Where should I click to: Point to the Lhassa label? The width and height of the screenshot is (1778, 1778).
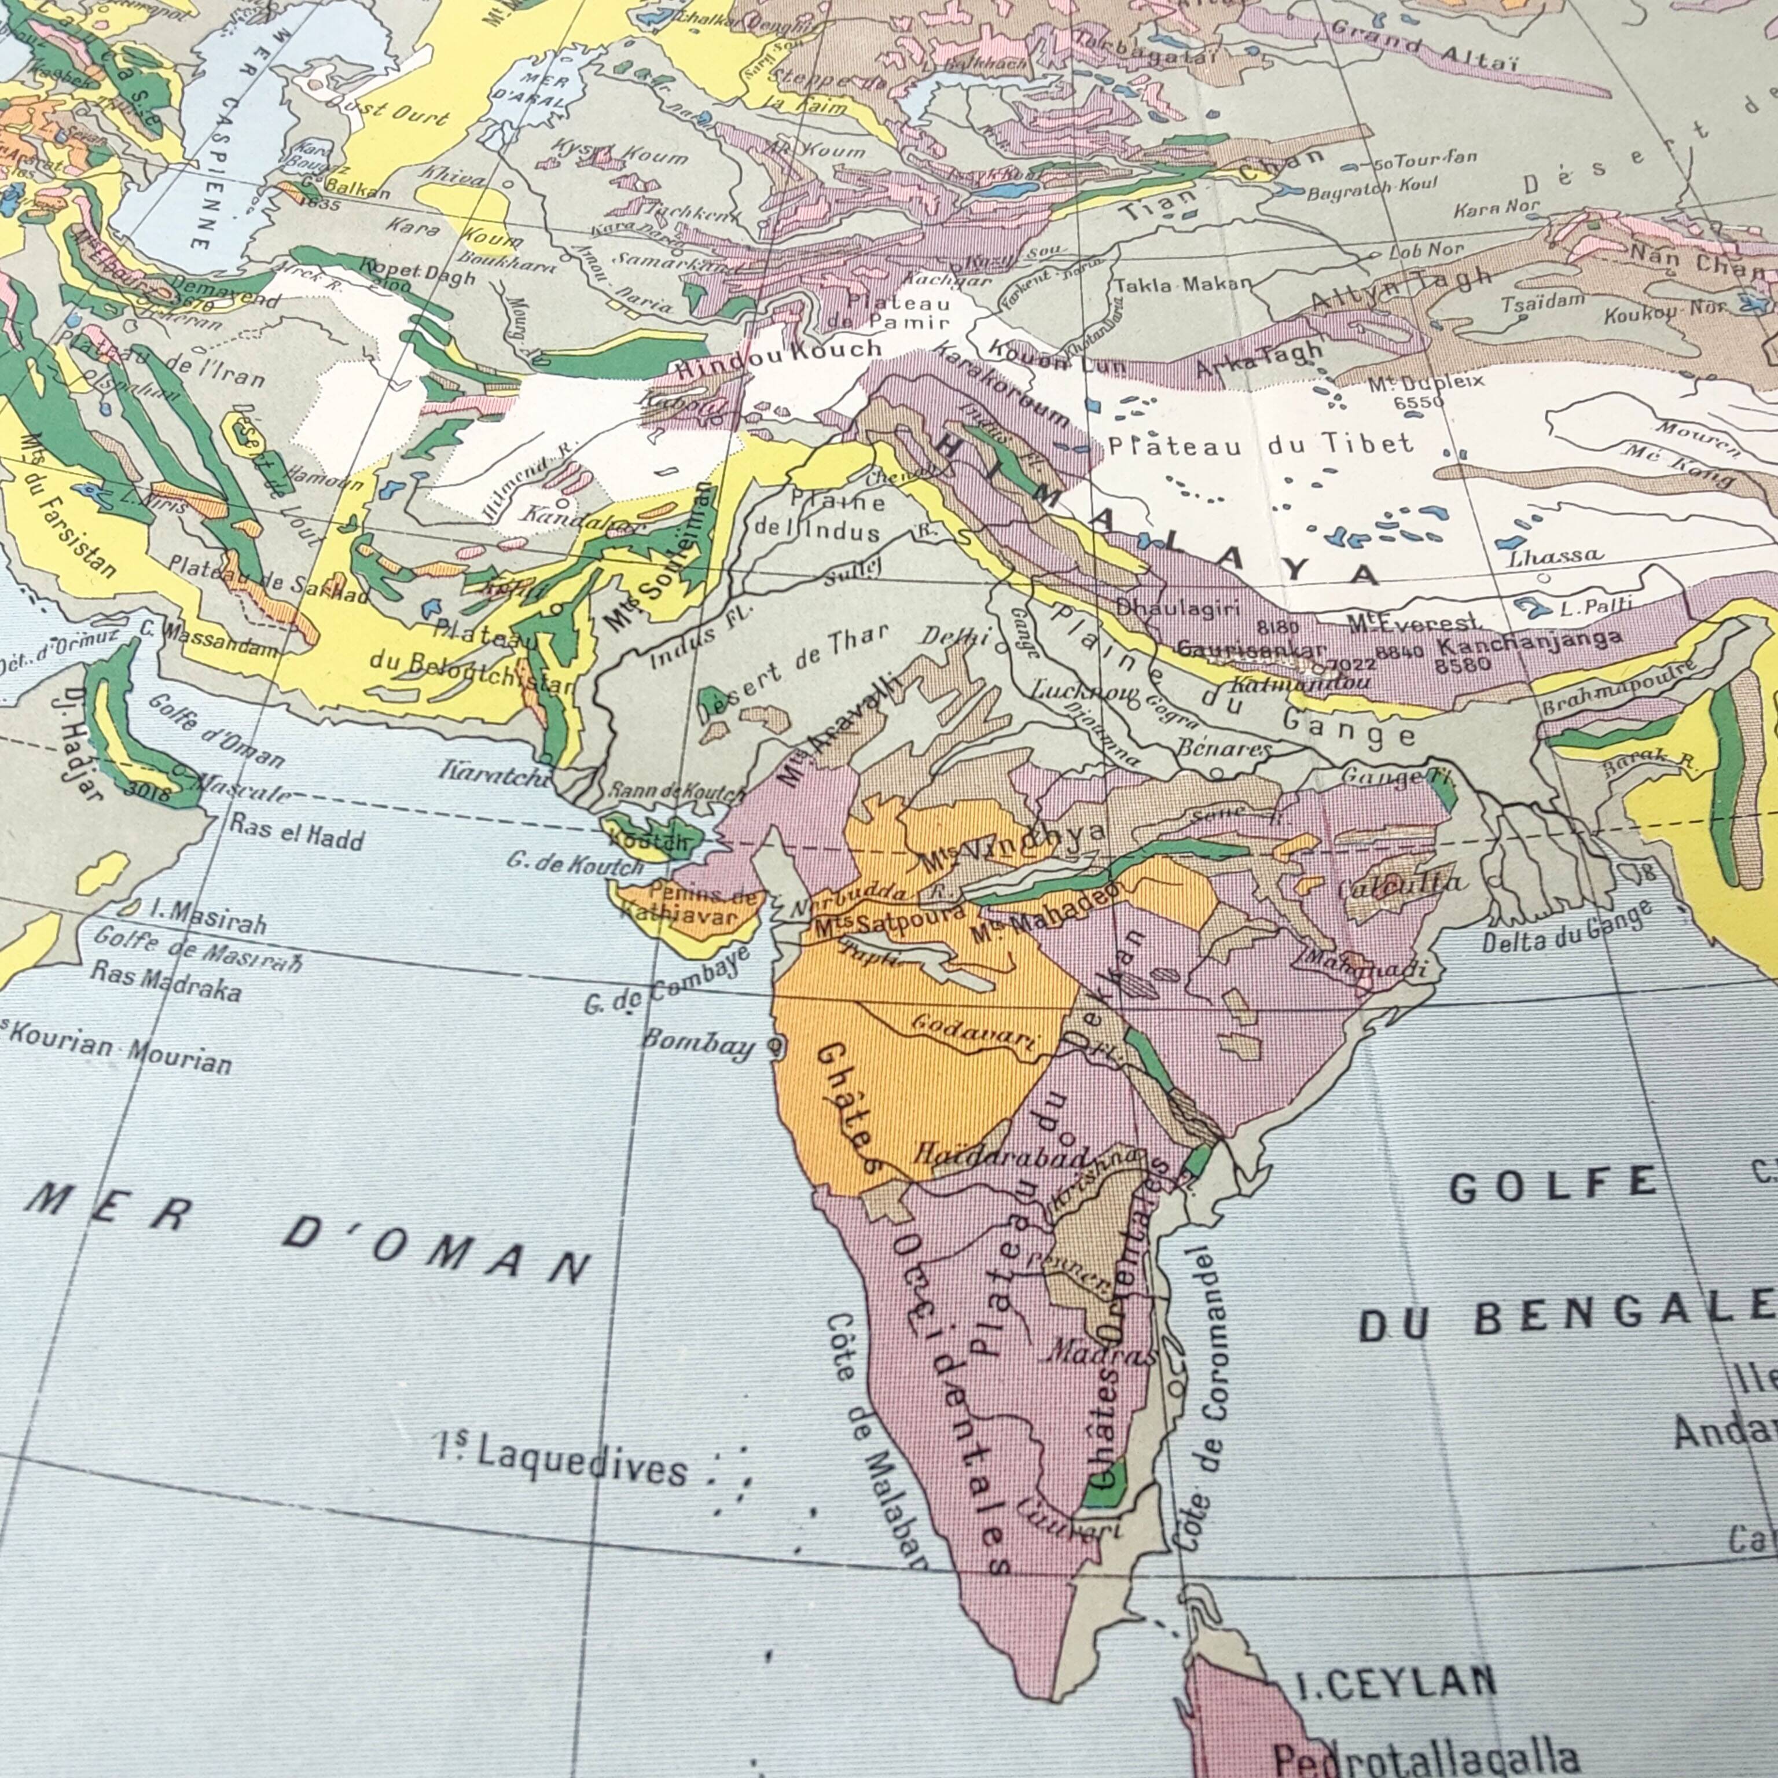[1555, 556]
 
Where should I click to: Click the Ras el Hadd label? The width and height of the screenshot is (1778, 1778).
[296, 830]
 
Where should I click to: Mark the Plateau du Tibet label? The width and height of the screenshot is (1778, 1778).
[1260, 446]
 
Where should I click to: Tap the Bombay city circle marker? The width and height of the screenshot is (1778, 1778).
[775, 1045]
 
